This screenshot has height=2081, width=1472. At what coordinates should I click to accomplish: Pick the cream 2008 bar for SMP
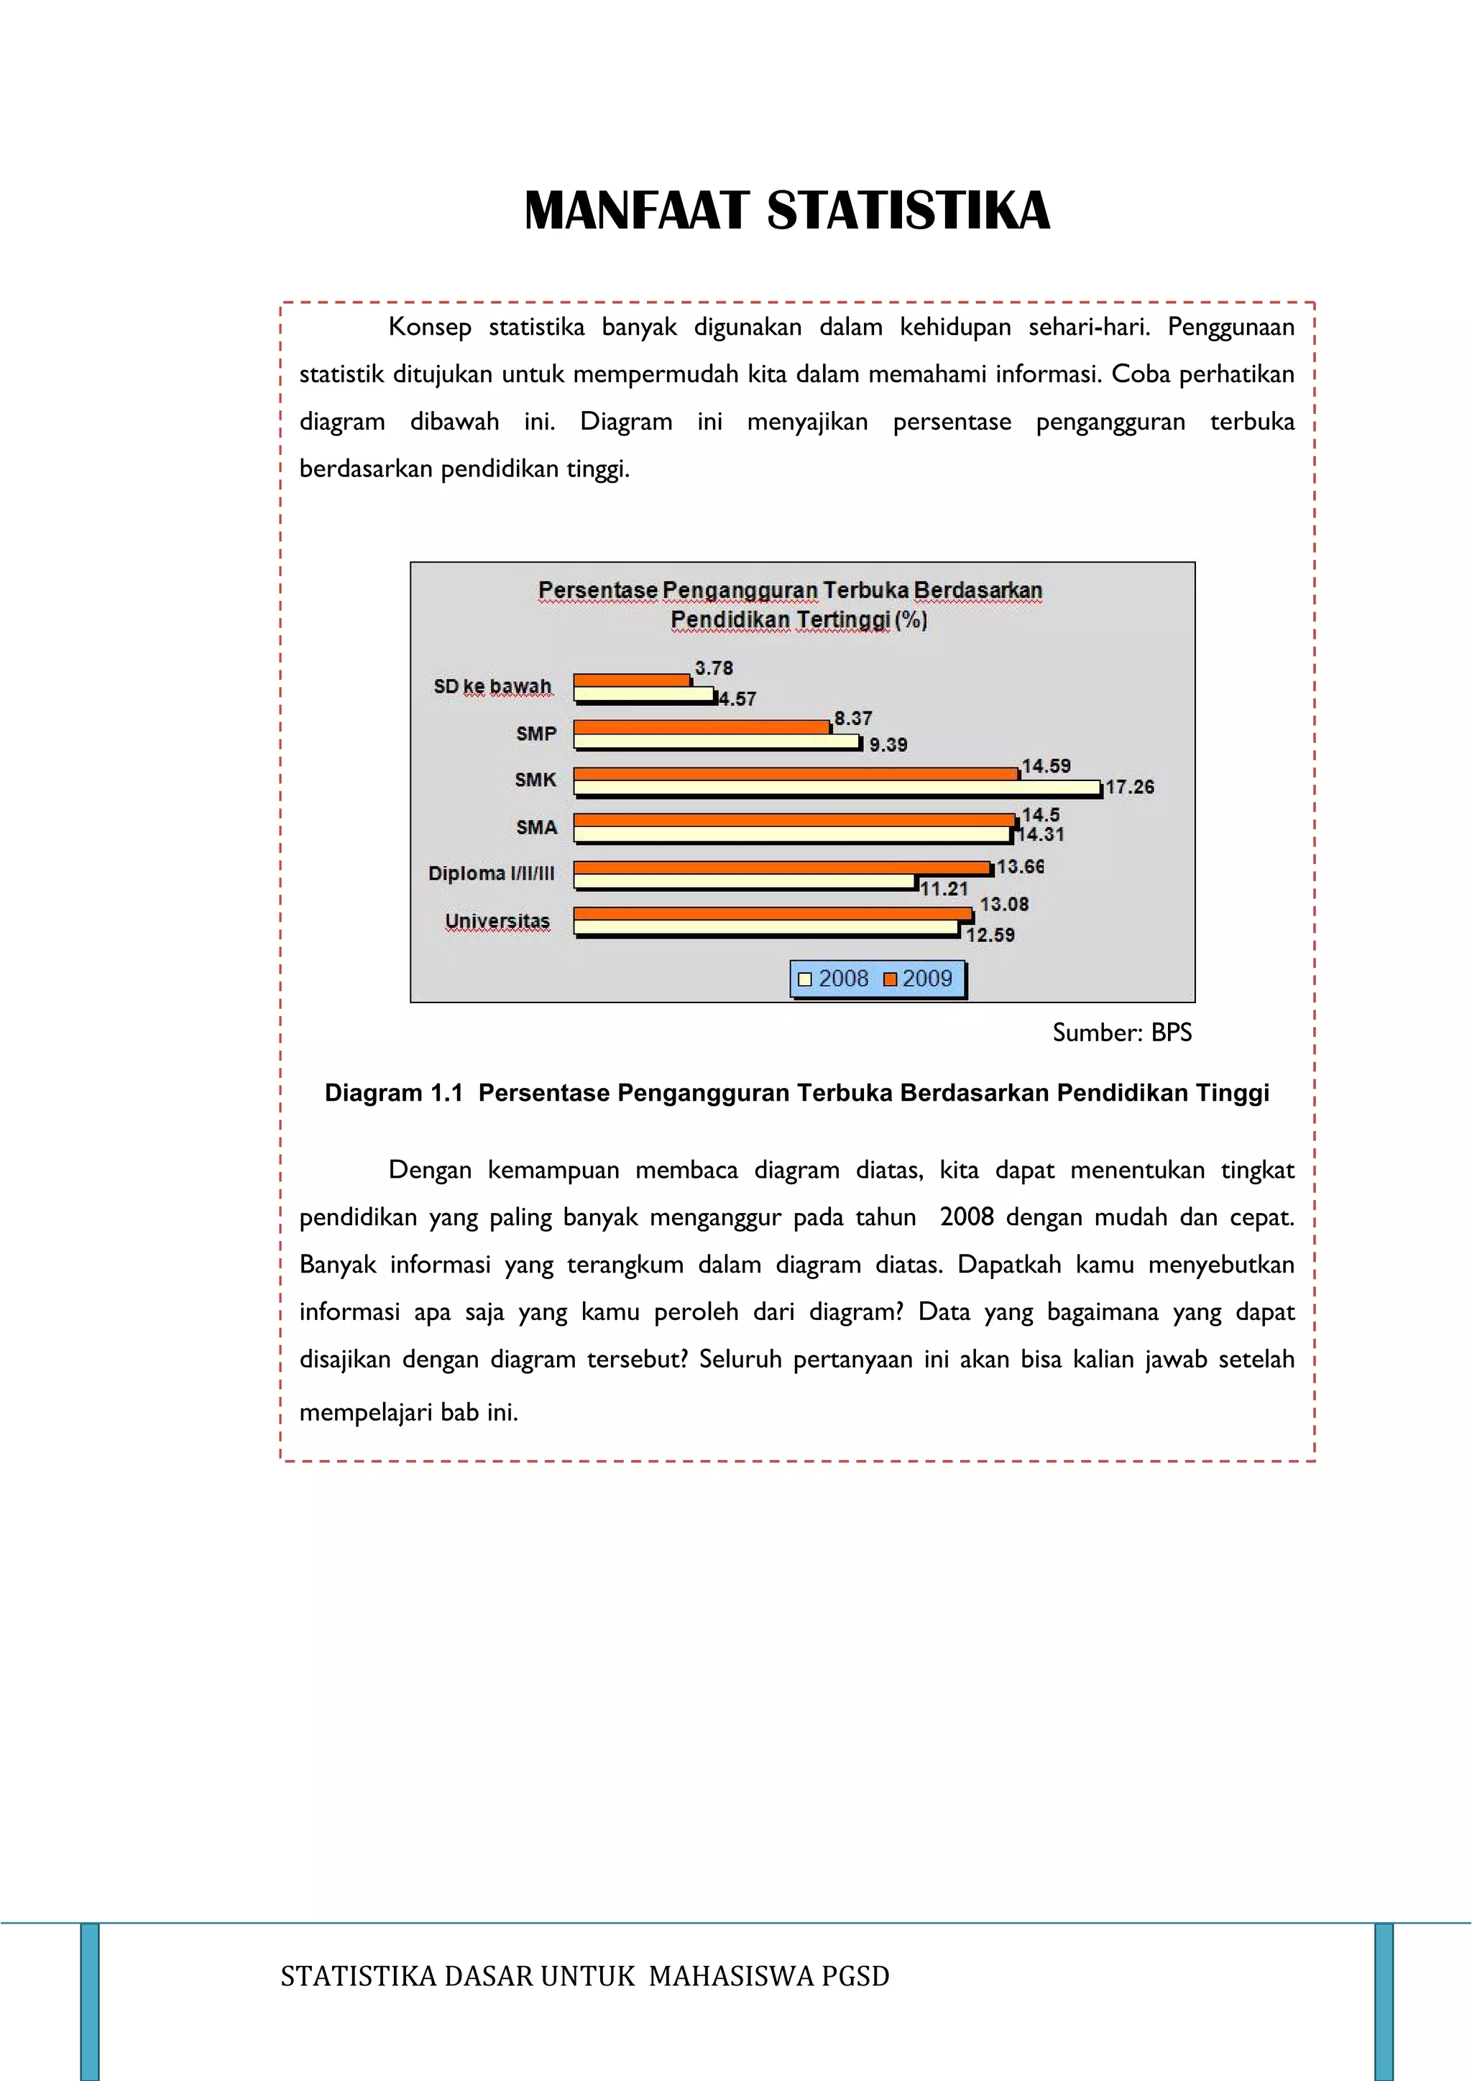(x=716, y=742)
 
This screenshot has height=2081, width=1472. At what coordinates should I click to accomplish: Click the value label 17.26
(x=1129, y=787)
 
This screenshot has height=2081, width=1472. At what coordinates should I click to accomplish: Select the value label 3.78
(x=713, y=668)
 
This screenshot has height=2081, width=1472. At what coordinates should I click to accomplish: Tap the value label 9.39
(x=888, y=744)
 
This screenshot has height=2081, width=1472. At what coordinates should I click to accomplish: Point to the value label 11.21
(x=944, y=889)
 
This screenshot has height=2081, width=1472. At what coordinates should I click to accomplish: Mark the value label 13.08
(x=1003, y=904)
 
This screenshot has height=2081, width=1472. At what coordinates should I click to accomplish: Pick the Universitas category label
(x=497, y=921)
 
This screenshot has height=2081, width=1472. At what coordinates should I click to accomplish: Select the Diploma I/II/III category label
(x=492, y=874)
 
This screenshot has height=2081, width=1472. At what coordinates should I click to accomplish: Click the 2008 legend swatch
(x=804, y=979)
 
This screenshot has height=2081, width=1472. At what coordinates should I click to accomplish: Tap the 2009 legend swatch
(x=889, y=979)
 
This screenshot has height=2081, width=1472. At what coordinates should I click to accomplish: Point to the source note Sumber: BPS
(x=1121, y=1033)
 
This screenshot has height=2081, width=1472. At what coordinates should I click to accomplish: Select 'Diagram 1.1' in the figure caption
(x=393, y=1093)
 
